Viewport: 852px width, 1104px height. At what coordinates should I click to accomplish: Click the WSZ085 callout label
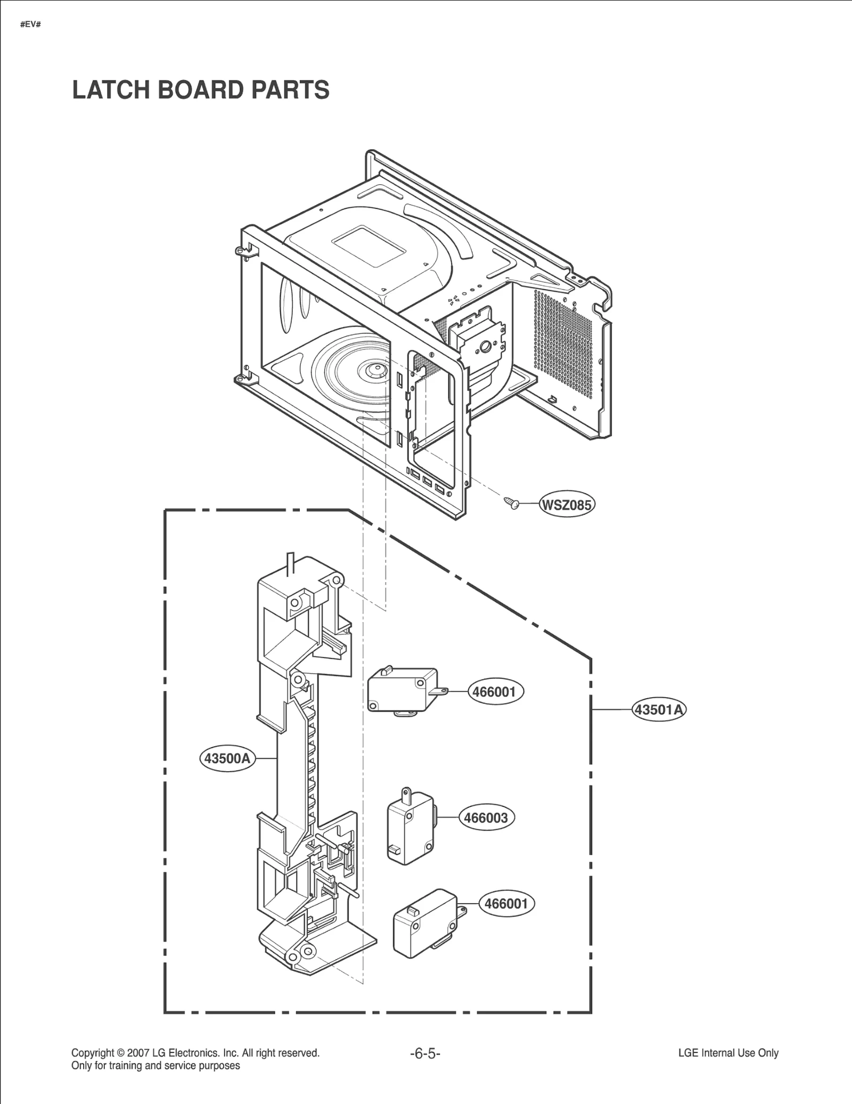pos(567,504)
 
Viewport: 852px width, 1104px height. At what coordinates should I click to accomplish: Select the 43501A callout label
pos(659,709)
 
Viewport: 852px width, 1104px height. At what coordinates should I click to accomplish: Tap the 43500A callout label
pos(227,758)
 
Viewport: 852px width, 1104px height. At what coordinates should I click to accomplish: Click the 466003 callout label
pos(486,817)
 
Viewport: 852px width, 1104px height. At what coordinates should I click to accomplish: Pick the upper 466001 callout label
pos(495,692)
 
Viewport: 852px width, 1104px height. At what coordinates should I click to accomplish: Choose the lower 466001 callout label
pos(506,904)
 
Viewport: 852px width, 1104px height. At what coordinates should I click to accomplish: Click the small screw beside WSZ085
pos(511,502)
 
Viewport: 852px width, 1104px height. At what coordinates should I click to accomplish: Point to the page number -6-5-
pos(425,1053)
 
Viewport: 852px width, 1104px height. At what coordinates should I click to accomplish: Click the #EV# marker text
pos(30,25)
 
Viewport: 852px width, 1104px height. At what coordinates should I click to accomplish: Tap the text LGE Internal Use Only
pos(728,1053)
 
